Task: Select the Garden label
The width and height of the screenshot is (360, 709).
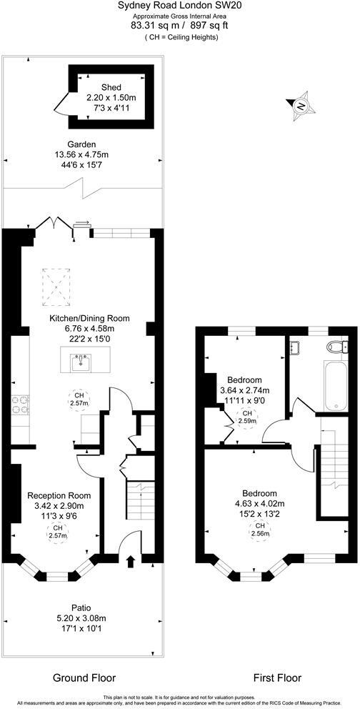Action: coord(81,144)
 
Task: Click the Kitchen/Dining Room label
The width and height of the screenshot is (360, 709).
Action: coord(89,318)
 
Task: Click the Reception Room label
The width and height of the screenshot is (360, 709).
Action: coord(59,495)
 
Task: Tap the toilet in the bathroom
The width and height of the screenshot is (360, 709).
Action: coord(334,348)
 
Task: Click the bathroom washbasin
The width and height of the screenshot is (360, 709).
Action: coord(295,348)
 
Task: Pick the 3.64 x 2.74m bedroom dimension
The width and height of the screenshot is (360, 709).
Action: coord(244,390)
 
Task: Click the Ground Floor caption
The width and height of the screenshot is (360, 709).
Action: coord(84,678)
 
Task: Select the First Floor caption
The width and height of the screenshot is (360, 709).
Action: coord(278,678)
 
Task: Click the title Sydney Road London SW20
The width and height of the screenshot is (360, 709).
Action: coord(179,6)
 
